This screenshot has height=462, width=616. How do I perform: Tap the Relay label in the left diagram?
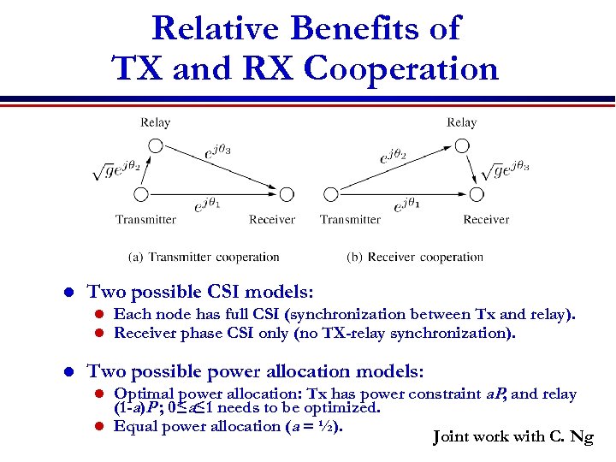[x=155, y=122]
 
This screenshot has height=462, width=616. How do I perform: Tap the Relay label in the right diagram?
[x=462, y=122]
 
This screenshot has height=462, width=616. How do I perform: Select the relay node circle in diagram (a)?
[x=155, y=145]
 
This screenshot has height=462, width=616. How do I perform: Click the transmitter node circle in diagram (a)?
[x=142, y=195]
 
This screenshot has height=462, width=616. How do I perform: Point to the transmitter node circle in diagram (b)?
[x=329, y=195]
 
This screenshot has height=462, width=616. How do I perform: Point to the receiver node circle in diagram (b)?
[x=476, y=195]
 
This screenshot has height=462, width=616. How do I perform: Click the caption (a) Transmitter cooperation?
[x=204, y=257]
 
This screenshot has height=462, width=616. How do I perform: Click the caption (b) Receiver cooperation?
[x=415, y=257]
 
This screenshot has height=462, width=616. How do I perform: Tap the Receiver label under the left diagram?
[x=272, y=220]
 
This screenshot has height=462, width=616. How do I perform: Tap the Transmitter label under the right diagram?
[x=350, y=220]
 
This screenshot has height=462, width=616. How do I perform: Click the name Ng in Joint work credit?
[x=582, y=437]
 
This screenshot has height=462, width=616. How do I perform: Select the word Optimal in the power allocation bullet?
[x=141, y=394]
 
